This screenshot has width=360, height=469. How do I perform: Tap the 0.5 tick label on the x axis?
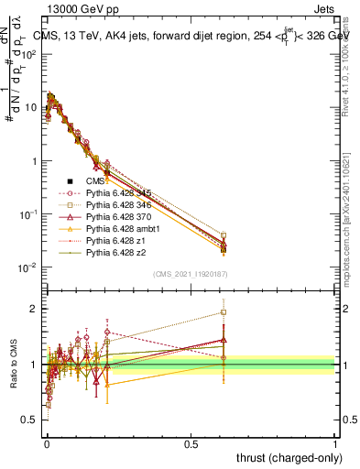[191, 443]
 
